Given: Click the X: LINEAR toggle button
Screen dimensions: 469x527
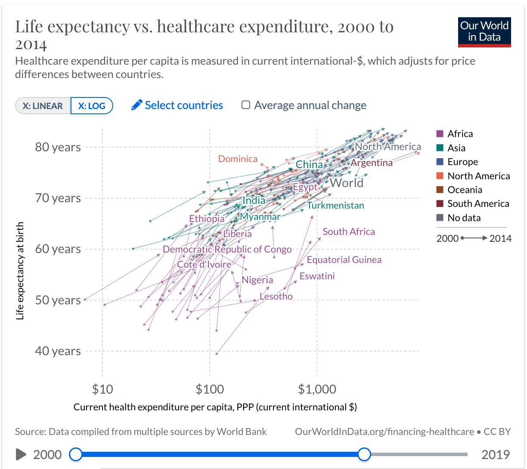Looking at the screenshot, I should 43,106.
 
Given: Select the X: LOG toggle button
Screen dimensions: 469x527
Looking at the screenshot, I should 92,106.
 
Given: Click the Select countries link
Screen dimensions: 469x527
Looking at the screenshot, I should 177,106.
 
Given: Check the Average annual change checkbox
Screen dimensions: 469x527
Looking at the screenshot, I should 246,105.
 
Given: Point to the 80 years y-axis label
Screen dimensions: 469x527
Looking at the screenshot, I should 58,147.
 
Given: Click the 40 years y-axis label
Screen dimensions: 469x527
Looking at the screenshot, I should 58,351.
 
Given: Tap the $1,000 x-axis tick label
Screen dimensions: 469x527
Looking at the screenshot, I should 317,390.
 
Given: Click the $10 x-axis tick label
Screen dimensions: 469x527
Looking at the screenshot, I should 102,390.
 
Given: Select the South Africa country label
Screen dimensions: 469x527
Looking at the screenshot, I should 349,232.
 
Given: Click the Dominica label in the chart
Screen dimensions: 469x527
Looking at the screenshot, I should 238,159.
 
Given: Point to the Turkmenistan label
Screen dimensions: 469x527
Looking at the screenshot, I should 335,206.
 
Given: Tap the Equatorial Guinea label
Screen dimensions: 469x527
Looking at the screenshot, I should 344,260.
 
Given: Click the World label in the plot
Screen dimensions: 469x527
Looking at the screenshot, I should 347,183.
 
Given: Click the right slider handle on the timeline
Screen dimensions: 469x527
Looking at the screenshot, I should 364,454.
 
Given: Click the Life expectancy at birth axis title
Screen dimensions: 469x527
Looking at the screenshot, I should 20,271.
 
